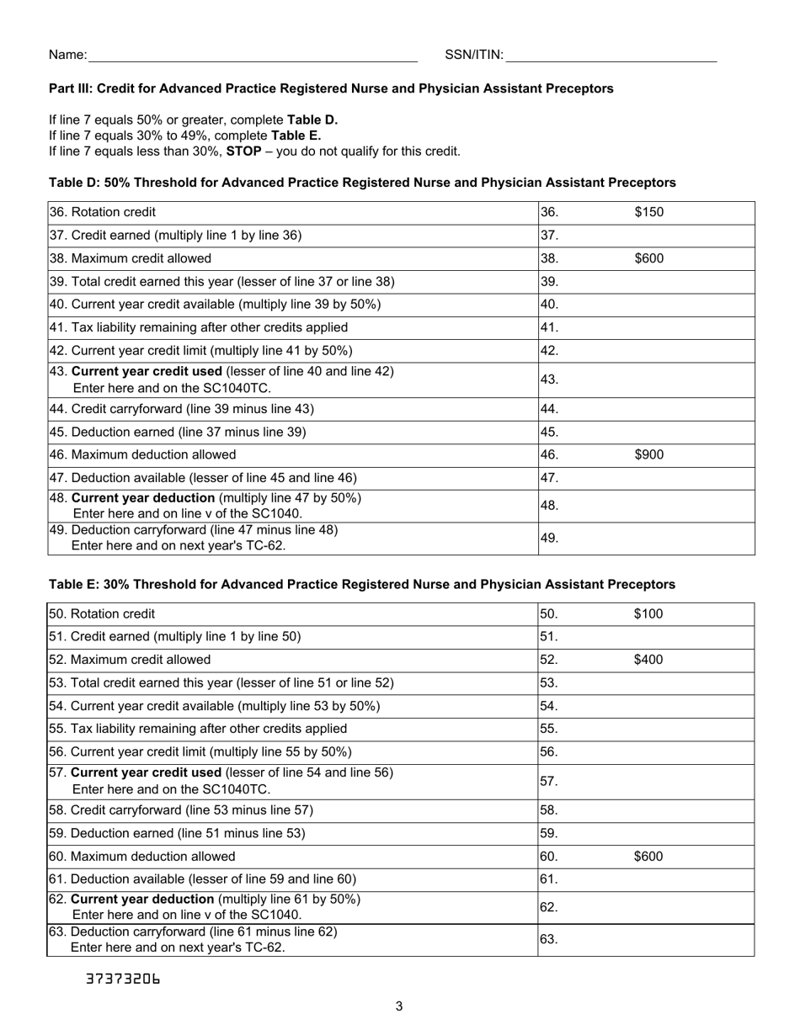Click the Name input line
click(253, 56)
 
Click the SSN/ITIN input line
click(611, 56)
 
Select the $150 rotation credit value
click(648, 212)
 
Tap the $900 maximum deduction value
click(648, 454)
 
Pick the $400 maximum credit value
click(648, 660)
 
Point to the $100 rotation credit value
click(648, 613)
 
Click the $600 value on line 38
click(648, 258)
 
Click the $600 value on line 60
click(648, 857)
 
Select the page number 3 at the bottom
click(399, 1006)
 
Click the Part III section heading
click(331, 88)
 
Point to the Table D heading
click(362, 183)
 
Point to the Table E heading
click(362, 584)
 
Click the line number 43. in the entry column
click(550, 379)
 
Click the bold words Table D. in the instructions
click(312, 119)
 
